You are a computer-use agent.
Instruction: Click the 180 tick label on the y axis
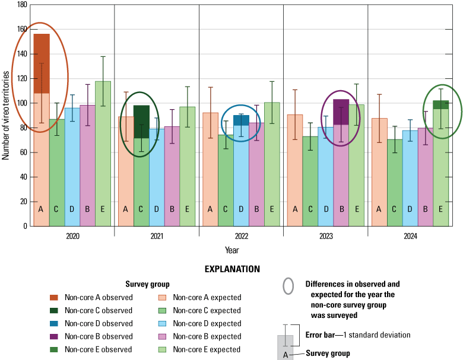point(21,5)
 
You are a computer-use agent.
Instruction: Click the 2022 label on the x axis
point(241,236)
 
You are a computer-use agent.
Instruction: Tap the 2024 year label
point(410,236)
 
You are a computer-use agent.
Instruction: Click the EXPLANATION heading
point(232,269)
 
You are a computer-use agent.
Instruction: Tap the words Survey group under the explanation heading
point(147,284)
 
